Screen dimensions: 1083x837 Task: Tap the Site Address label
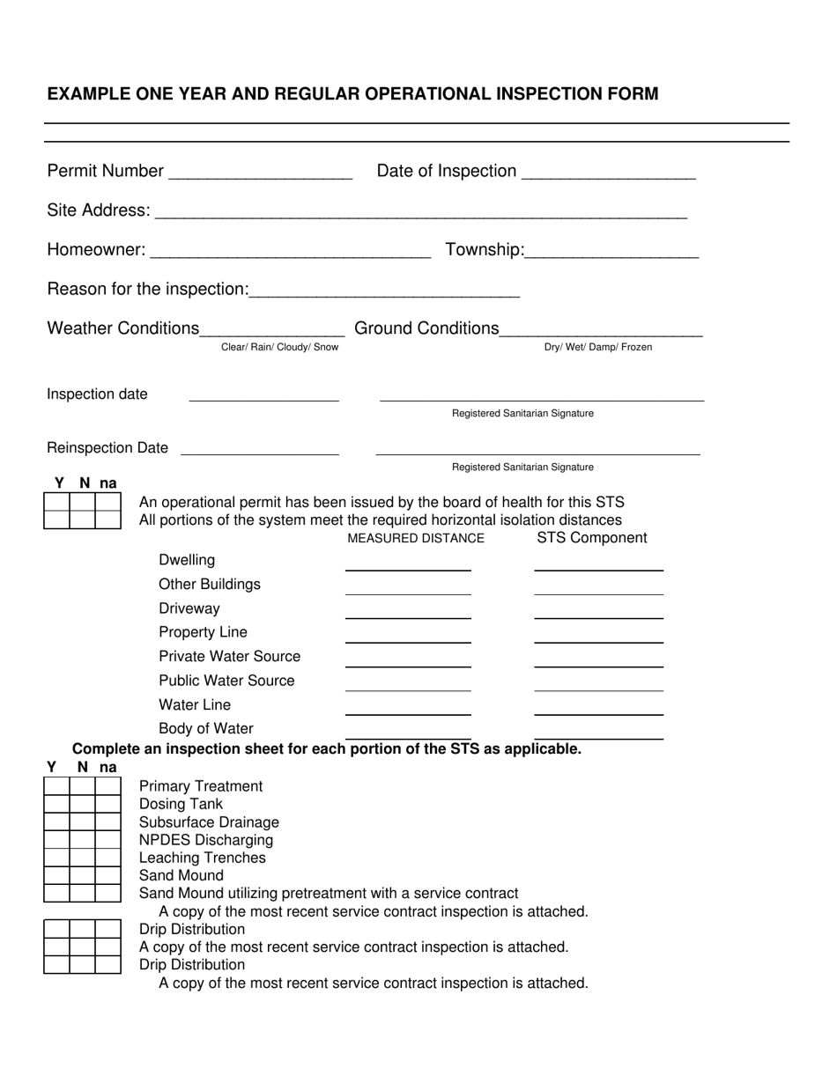[98, 210]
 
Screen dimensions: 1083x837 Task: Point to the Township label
[485, 250]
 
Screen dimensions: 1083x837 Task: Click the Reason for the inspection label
[147, 290]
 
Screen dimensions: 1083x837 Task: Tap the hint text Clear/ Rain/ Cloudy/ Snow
[279, 348]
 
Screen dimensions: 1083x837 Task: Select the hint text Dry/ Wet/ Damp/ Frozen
[598, 348]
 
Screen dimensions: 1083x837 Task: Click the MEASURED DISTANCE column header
[416, 539]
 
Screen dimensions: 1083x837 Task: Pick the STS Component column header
[592, 538]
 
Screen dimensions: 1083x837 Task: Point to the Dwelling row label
[187, 561]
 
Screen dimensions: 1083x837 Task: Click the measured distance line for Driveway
[408, 615]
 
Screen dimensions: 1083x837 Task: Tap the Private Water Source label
[229, 657]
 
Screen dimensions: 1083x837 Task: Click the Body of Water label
[206, 729]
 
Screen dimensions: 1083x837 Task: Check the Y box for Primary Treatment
[56, 786]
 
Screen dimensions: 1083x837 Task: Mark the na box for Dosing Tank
[108, 804]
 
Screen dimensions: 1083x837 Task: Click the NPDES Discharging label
[206, 840]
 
